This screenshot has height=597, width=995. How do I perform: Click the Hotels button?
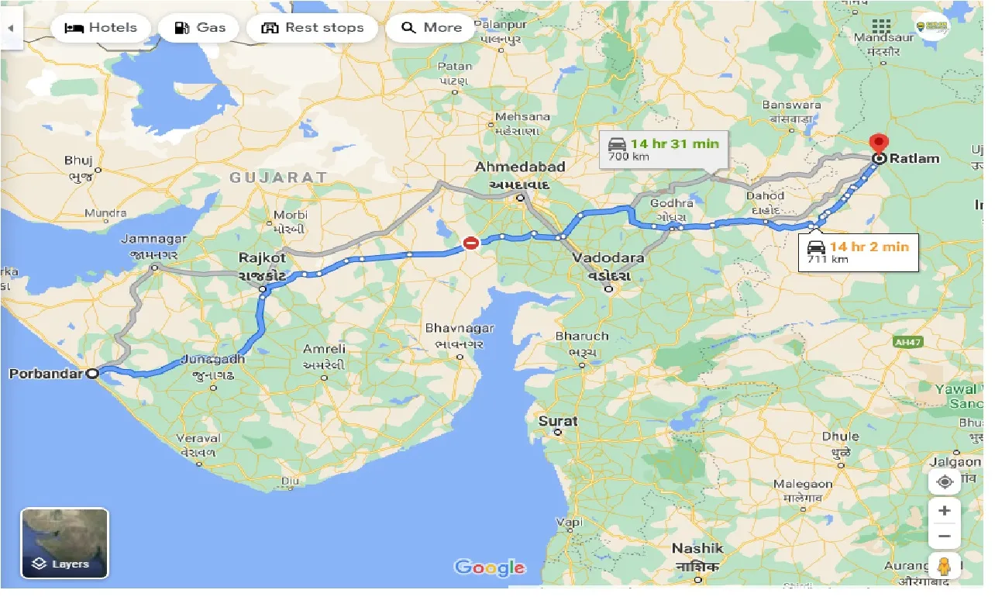click(x=101, y=28)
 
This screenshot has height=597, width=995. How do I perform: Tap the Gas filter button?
click(x=200, y=28)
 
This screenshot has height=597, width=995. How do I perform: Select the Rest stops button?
click(x=312, y=28)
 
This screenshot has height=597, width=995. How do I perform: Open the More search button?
click(x=432, y=28)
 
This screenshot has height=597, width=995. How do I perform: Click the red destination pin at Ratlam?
click(x=878, y=143)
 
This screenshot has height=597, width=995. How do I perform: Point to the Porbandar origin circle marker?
click(x=92, y=373)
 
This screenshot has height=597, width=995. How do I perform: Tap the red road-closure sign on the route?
click(x=470, y=243)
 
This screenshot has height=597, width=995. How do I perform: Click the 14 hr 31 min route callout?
click(x=663, y=149)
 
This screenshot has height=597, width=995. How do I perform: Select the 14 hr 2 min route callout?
click(x=858, y=252)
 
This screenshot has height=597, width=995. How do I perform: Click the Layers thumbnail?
click(x=64, y=543)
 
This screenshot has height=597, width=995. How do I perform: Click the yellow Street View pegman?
click(x=944, y=567)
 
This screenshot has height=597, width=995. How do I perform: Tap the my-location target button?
click(x=944, y=482)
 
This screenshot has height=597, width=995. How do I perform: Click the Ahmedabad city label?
click(x=519, y=167)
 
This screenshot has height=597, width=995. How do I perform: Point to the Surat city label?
click(x=558, y=421)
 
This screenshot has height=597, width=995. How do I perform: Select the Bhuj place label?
click(x=78, y=160)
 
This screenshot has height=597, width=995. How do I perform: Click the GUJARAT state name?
click(x=278, y=178)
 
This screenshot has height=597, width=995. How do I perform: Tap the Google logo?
click(x=490, y=568)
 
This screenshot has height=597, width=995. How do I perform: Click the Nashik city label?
click(x=697, y=548)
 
